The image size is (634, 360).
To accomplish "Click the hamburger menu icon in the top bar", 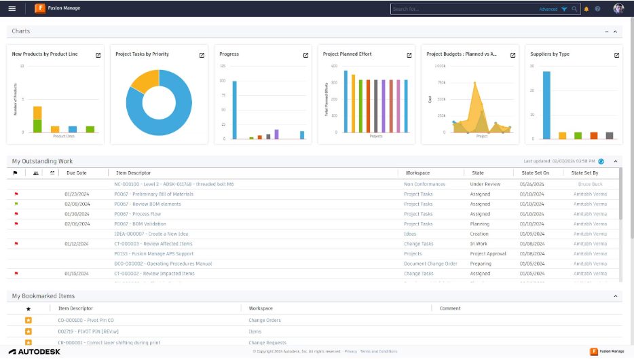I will pos(12,9).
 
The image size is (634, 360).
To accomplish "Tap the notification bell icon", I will pos(586,9).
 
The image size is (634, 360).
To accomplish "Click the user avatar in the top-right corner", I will pos(618,9).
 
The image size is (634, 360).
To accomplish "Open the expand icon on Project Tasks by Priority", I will pos(202,55).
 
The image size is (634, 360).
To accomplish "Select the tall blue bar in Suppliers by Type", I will pos(546,105).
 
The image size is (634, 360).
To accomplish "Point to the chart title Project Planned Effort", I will pos(347,54).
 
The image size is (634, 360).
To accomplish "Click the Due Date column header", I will pos(77,173).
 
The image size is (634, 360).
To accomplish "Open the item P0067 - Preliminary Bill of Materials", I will pos(153,194).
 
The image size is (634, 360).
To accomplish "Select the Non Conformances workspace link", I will pos(424,184).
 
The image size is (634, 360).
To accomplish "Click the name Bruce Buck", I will pos(589,184).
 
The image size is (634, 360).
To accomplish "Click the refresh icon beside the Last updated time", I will pos(601,162).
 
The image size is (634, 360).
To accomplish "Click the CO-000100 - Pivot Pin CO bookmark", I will pos(86,321).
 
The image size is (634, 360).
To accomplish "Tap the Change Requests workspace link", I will pos(267,342).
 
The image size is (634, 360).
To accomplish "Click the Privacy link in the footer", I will pos(350,352).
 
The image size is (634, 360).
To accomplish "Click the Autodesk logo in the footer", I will pos(34,352).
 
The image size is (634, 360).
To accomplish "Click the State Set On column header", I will pos(536,173).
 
